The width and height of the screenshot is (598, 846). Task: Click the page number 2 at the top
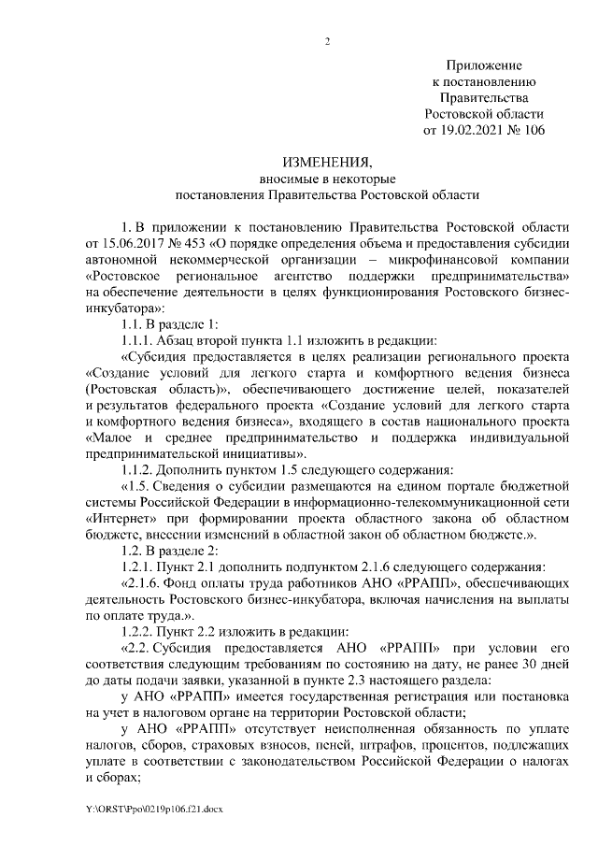pyautogui.click(x=327, y=41)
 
